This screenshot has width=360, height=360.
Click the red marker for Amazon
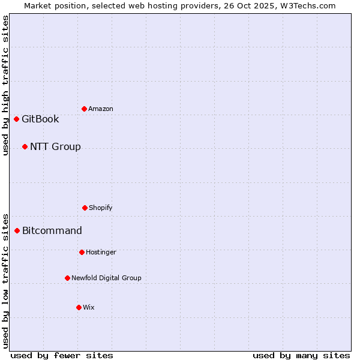(84, 109)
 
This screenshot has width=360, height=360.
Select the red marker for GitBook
(16, 119)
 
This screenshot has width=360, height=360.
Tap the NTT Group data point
(25, 146)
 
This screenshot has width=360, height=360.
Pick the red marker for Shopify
(85, 208)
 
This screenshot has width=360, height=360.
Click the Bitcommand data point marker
(17, 230)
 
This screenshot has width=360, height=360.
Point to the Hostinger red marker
(82, 252)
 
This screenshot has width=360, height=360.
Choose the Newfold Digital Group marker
(67, 278)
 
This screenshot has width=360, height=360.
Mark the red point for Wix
(79, 307)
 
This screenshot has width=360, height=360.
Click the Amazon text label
(101, 109)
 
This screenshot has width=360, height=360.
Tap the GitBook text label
(40, 119)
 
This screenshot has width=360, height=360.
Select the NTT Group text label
(55, 146)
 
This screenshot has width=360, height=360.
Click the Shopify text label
(101, 208)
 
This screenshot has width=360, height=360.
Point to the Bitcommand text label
(52, 230)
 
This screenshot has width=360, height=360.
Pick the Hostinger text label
(101, 252)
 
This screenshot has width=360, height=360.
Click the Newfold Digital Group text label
(106, 278)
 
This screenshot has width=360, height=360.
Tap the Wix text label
(89, 307)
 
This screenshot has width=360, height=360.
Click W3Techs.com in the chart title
(310, 5)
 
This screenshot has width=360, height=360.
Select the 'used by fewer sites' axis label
(62, 355)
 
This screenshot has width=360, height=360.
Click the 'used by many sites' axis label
(301, 355)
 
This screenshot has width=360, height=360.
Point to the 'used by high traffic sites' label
(5, 85)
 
